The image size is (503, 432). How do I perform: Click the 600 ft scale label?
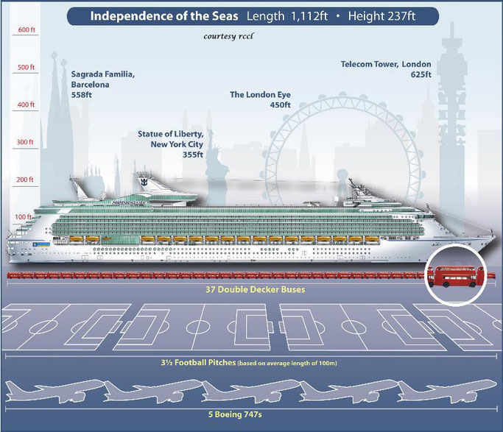tap(26, 30)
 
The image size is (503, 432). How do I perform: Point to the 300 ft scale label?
tap(26, 142)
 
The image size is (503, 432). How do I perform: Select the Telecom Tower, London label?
tap(386, 69)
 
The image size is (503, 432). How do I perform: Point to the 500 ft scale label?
tap(26, 68)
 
